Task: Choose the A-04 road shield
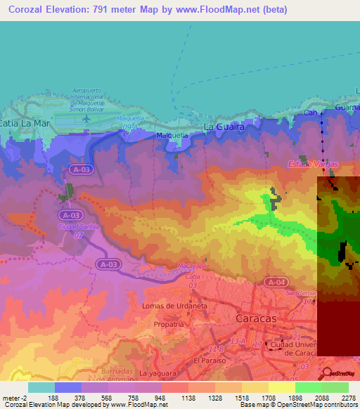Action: click(x=275, y=282)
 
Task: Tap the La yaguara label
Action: click(x=156, y=372)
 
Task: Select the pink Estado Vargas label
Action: click(x=312, y=164)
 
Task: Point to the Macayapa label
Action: click(x=195, y=267)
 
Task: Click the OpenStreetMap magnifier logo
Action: click(x=327, y=372)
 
